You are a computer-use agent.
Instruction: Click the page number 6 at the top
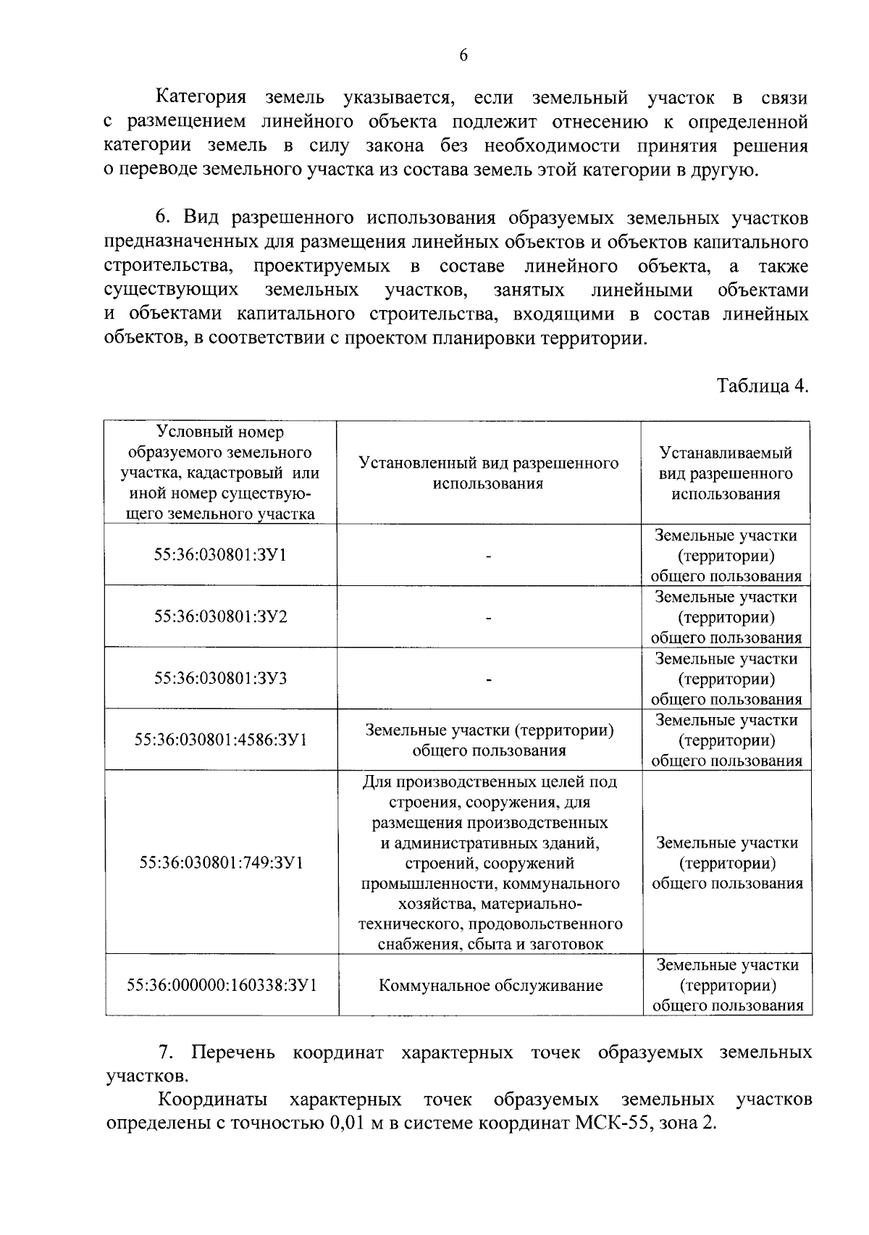(x=463, y=56)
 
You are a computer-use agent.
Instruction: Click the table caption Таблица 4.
(x=762, y=385)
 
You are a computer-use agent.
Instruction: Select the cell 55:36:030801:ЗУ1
(x=220, y=555)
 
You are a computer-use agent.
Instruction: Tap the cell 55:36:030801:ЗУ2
(x=220, y=616)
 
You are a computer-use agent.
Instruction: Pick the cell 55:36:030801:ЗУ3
(x=220, y=678)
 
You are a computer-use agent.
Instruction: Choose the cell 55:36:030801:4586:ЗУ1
(x=220, y=740)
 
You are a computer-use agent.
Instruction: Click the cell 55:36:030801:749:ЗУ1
(x=220, y=863)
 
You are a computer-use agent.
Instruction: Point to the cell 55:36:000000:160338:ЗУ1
(x=220, y=985)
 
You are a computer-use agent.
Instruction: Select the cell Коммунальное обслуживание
(x=490, y=985)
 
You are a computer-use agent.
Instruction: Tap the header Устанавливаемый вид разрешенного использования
(x=726, y=473)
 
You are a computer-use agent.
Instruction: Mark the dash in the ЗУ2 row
(x=489, y=618)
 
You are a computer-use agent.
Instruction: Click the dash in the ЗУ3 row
(x=489, y=679)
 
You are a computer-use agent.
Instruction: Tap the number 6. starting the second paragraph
(x=163, y=218)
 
